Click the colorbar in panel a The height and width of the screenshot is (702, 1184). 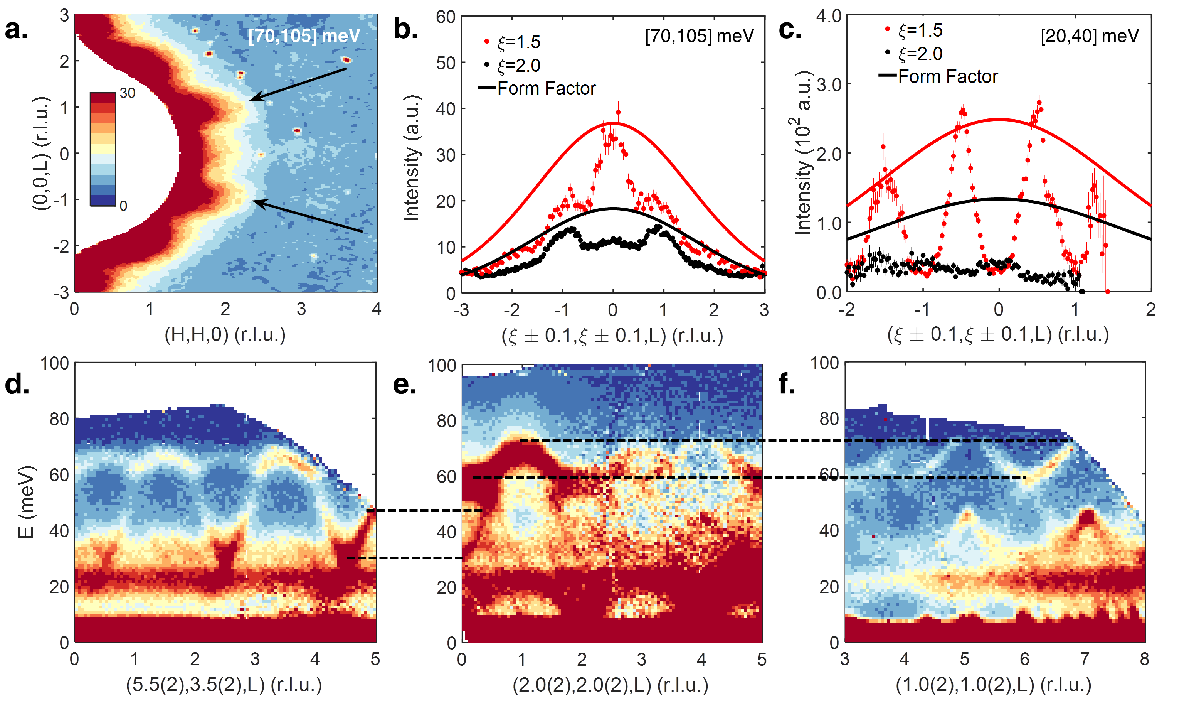(x=103, y=148)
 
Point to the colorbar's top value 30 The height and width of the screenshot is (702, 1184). (x=128, y=93)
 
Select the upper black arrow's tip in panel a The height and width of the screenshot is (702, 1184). (x=251, y=100)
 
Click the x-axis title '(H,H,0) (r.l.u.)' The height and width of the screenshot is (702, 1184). (x=225, y=335)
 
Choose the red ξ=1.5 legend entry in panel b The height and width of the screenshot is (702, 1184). (x=513, y=42)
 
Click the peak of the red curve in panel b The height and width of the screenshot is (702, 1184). (x=613, y=123)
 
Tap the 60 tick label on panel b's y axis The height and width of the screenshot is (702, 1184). (x=445, y=17)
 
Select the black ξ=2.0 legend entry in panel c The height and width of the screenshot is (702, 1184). (x=915, y=54)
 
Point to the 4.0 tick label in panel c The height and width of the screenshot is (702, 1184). (x=829, y=16)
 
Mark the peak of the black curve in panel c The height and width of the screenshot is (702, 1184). (x=999, y=199)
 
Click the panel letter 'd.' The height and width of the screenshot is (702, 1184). (x=17, y=384)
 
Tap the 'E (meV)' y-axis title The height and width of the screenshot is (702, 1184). (x=26, y=502)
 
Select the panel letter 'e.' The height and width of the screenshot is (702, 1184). (x=405, y=384)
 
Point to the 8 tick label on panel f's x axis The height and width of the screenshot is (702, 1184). (x=1144, y=659)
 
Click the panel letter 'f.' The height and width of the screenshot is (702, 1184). (x=787, y=384)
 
